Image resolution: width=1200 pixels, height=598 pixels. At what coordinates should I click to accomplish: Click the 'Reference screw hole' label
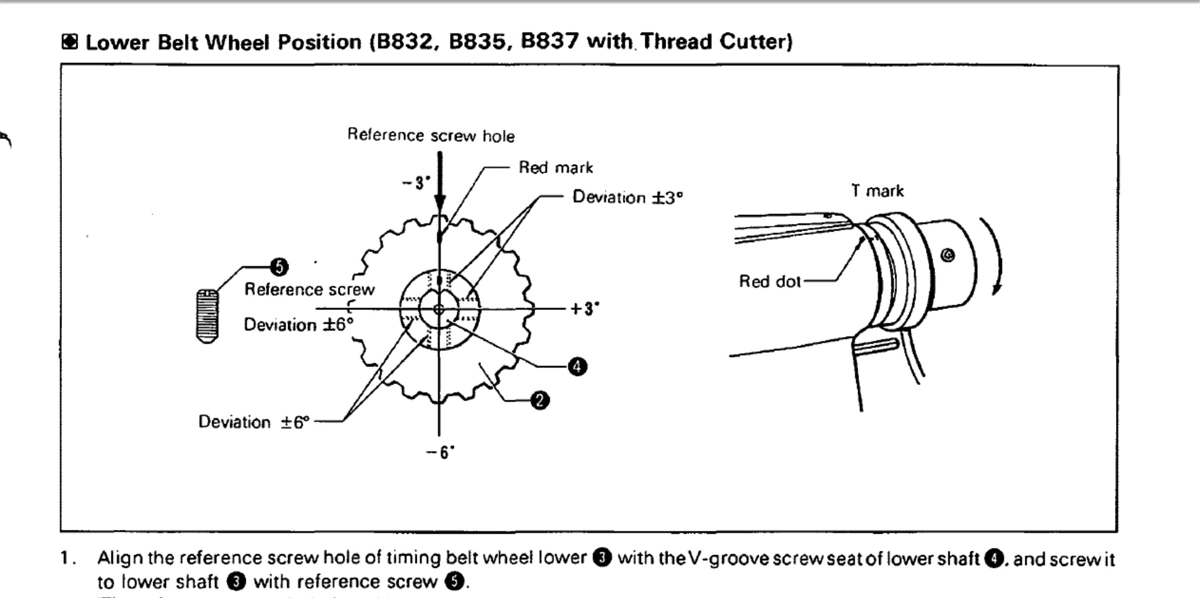tap(431, 136)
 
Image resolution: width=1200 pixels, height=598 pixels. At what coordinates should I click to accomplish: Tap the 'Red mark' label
tap(555, 168)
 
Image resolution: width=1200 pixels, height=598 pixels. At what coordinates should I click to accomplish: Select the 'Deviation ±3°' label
tap(627, 197)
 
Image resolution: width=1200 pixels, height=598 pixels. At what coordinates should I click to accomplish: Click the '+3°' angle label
tap(585, 309)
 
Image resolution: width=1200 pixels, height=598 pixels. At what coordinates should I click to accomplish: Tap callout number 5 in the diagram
tap(280, 267)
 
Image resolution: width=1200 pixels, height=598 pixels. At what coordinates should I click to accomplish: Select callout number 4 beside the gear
tap(577, 366)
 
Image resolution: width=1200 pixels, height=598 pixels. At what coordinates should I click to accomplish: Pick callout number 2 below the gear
tap(540, 400)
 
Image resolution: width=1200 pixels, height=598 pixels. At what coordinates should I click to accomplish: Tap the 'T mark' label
tap(877, 191)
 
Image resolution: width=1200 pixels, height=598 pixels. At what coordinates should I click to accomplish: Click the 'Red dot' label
tap(770, 281)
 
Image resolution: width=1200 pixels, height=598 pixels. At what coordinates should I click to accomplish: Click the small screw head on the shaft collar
tap(948, 255)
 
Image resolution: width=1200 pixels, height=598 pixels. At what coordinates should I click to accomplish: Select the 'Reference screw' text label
tap(309, 290)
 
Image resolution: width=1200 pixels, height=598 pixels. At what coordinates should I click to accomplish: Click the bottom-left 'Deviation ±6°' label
tap(254, 422)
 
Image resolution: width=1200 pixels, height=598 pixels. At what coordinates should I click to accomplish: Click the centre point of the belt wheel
tap(439, 309)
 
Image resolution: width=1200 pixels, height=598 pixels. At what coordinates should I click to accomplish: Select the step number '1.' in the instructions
tap(68, 558)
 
